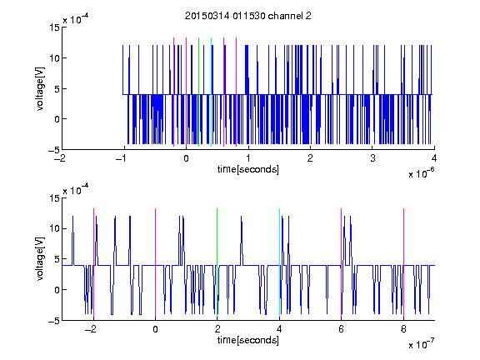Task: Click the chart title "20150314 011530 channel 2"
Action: click(x=248, y=16)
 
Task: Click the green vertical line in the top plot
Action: click(x=199, y=92)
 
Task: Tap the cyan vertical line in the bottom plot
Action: click(x=279, y=262)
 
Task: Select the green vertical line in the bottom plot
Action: click(x=217, y=262)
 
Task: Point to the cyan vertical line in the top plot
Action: click(x=211, y=92)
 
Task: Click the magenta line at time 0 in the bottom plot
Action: click(x=155, y=262)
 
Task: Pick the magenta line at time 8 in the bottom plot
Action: click(x=404, y=262)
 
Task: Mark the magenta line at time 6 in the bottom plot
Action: click(x=342, y=262)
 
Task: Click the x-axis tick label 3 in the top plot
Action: click(x=372, y=158)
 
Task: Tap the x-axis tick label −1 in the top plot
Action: click(x=122, y=158)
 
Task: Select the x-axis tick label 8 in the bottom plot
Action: click(x=403, y=329)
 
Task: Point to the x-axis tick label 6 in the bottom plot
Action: click(x=341, y=329)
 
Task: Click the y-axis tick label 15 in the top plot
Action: click(x=54, y=27)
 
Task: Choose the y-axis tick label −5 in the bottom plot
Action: click(x=54, y=321)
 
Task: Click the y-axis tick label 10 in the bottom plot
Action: click(x=54, y=228)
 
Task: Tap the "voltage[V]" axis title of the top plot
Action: click(x=40, y=89)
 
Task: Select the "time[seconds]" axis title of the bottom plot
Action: click(x=248, y=340)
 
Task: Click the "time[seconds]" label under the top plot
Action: click(x=248, y=169)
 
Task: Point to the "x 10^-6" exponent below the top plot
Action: click(x=421, y=173)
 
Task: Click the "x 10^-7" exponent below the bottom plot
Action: click(x=421, y=344)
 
